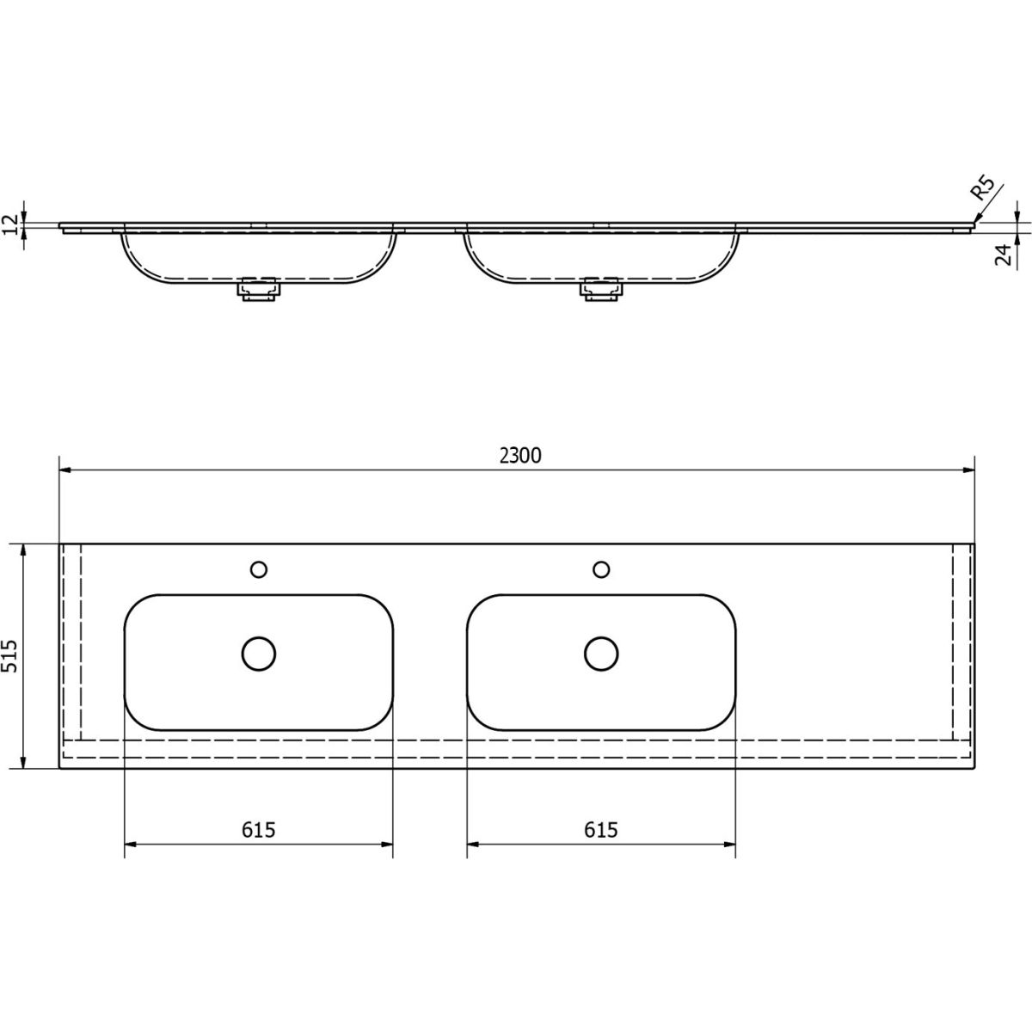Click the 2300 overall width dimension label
pos(520,455)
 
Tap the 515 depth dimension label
pos(10,656)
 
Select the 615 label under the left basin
pos(258,830)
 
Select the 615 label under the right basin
pos(601,830)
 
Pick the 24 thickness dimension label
pos(1003,254)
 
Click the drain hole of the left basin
pos(259,654)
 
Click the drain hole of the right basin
pos(601,654)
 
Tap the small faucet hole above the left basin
pos(259,569)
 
